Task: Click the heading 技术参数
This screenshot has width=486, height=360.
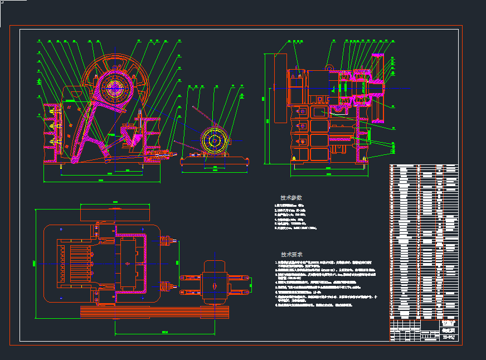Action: pyautogui.click(x=291, y=198)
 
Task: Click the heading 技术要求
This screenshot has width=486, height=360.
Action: pyautogui.click(x=291, y=254)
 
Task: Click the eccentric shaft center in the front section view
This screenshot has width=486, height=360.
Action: pyautogui.click(x=115, y=86)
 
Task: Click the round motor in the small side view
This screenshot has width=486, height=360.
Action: pyautogui.click(x=213, y=140)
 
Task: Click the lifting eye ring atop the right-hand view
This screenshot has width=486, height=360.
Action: pyautogui.click(x=330, y=68)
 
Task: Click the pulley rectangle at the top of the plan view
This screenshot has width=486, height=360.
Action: pyautogui.click(x=115, y=212)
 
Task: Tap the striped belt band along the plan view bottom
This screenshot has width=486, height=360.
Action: pyautogui.click(x=154, y=312)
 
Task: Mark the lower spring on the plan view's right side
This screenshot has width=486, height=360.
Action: pyautogui.click(x=166, y=287)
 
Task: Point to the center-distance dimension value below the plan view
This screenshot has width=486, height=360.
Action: pyautogui.click(x=165, y=332)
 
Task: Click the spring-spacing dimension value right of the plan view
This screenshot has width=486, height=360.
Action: pyautogui.click(x=178, y=261)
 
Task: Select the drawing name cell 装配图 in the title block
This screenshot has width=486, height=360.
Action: pyautogui.click(x=448, y=330)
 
